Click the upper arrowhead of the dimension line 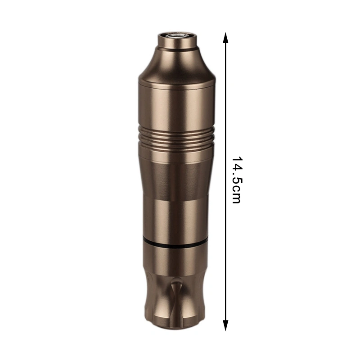pyautogui.click(x=226, y=38)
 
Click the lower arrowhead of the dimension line pyautogui.click(x=226, y=325)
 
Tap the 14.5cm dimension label pyautogui.click(x=236, y=180)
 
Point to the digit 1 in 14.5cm pyautogui.click(x=236, y=160)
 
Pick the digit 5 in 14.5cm pyautogui.click(x=236, y=180)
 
